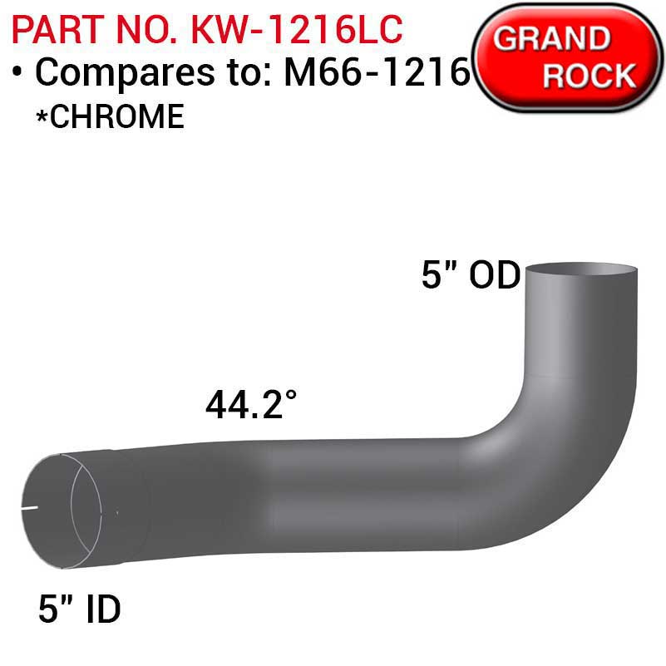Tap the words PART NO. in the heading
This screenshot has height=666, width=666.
point(100,30)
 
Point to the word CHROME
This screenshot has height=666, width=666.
point(117,116)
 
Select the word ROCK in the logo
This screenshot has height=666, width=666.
point(589,76)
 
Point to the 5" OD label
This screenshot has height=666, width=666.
point(470,275)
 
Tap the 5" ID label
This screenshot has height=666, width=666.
point(80,609)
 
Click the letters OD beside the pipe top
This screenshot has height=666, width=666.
point(496,275)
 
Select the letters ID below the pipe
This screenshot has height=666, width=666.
point(101,609)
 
